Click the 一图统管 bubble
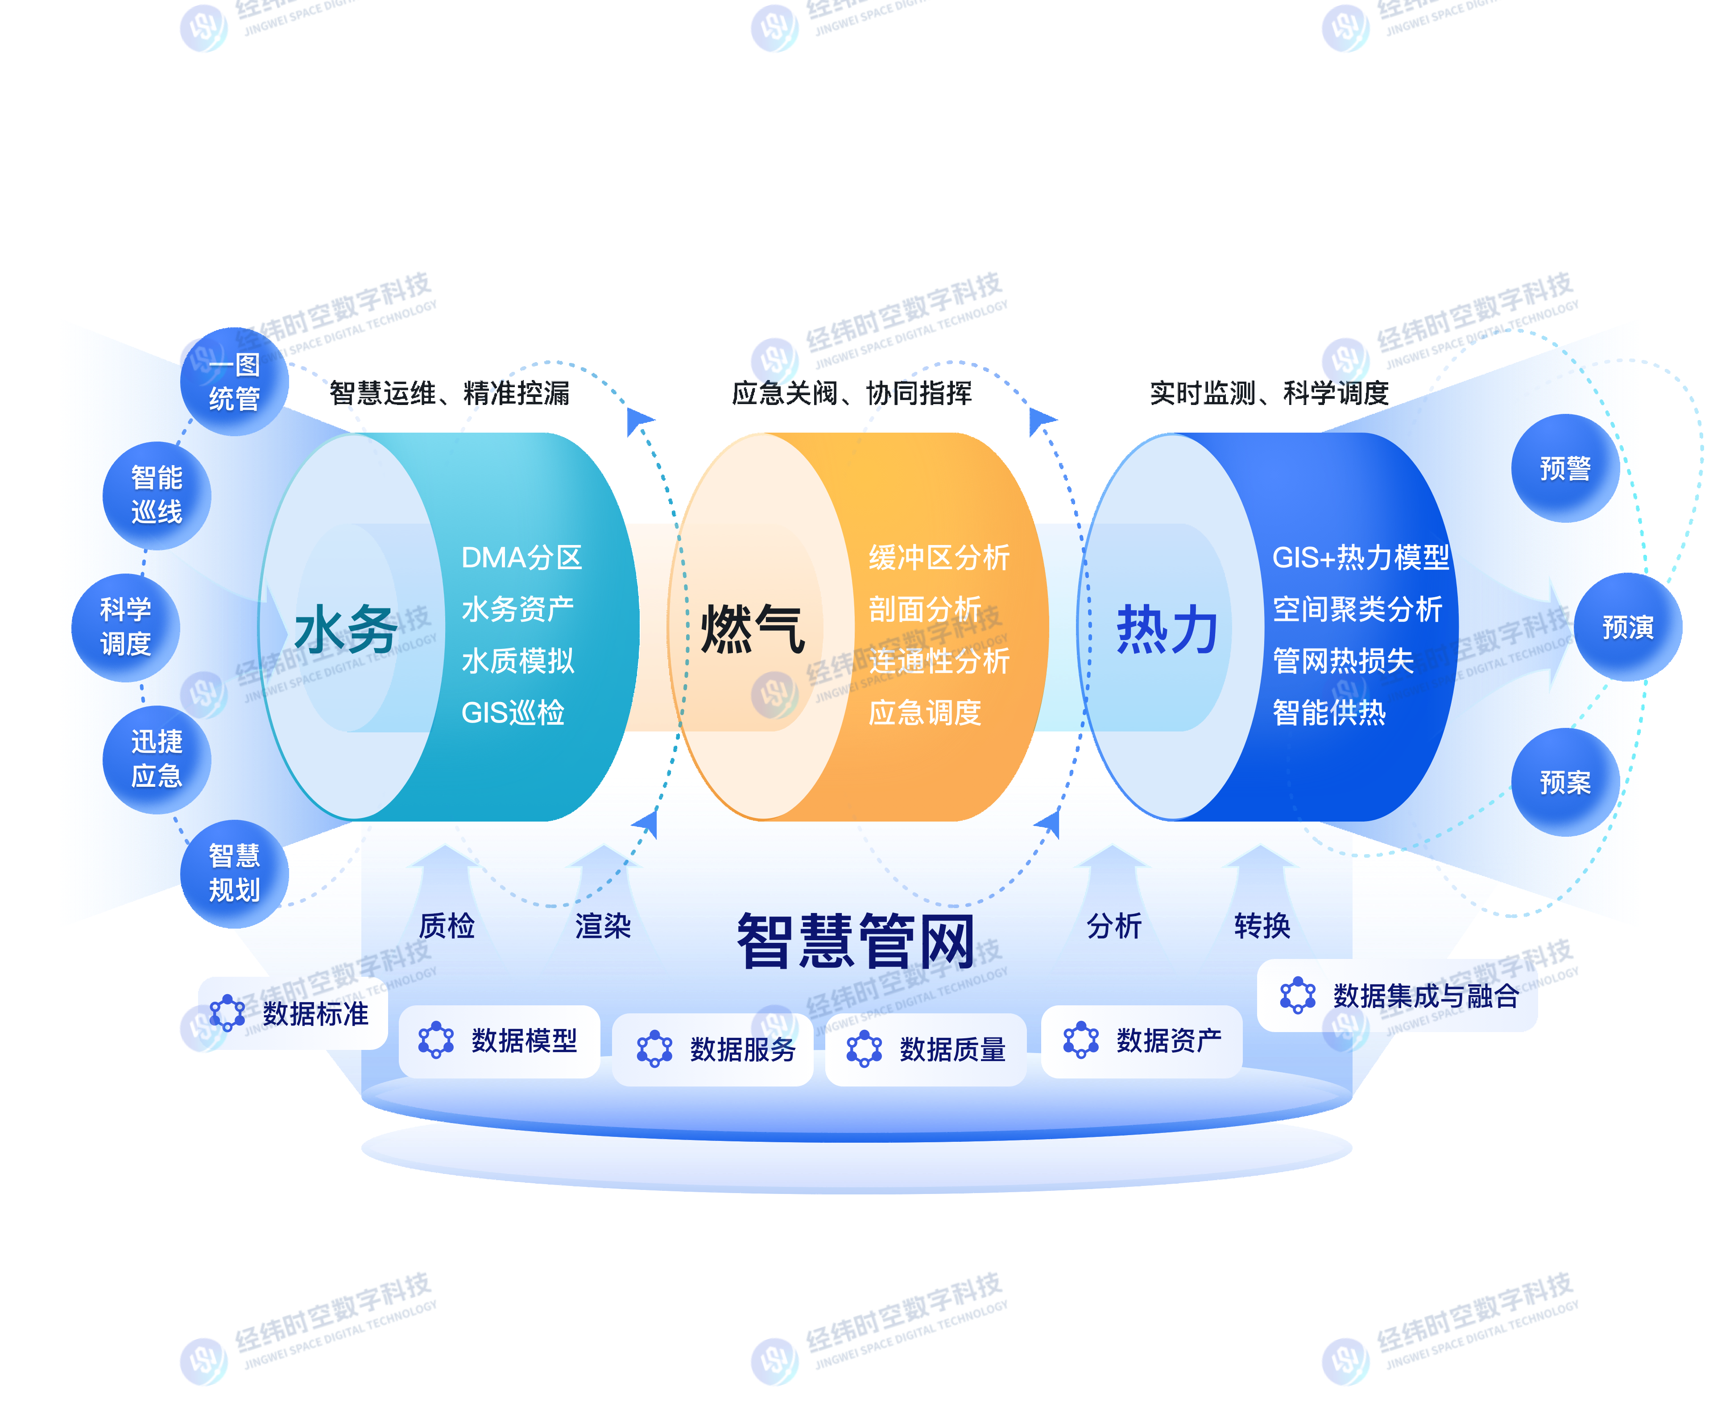(234, 382)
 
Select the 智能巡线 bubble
(157, 495)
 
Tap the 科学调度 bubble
(126, 627)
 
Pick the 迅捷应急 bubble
(157, 759)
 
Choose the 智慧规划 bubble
(234, 873)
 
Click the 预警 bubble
(1564, 468)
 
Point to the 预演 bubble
(1627, 627)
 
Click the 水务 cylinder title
(346, 630)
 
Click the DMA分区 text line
(521, 558)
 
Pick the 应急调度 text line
(924, 713)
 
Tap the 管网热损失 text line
(1343, 661)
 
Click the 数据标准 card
(293, 1013)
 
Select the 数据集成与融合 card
(1397, 995)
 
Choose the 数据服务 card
(712, 1049)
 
